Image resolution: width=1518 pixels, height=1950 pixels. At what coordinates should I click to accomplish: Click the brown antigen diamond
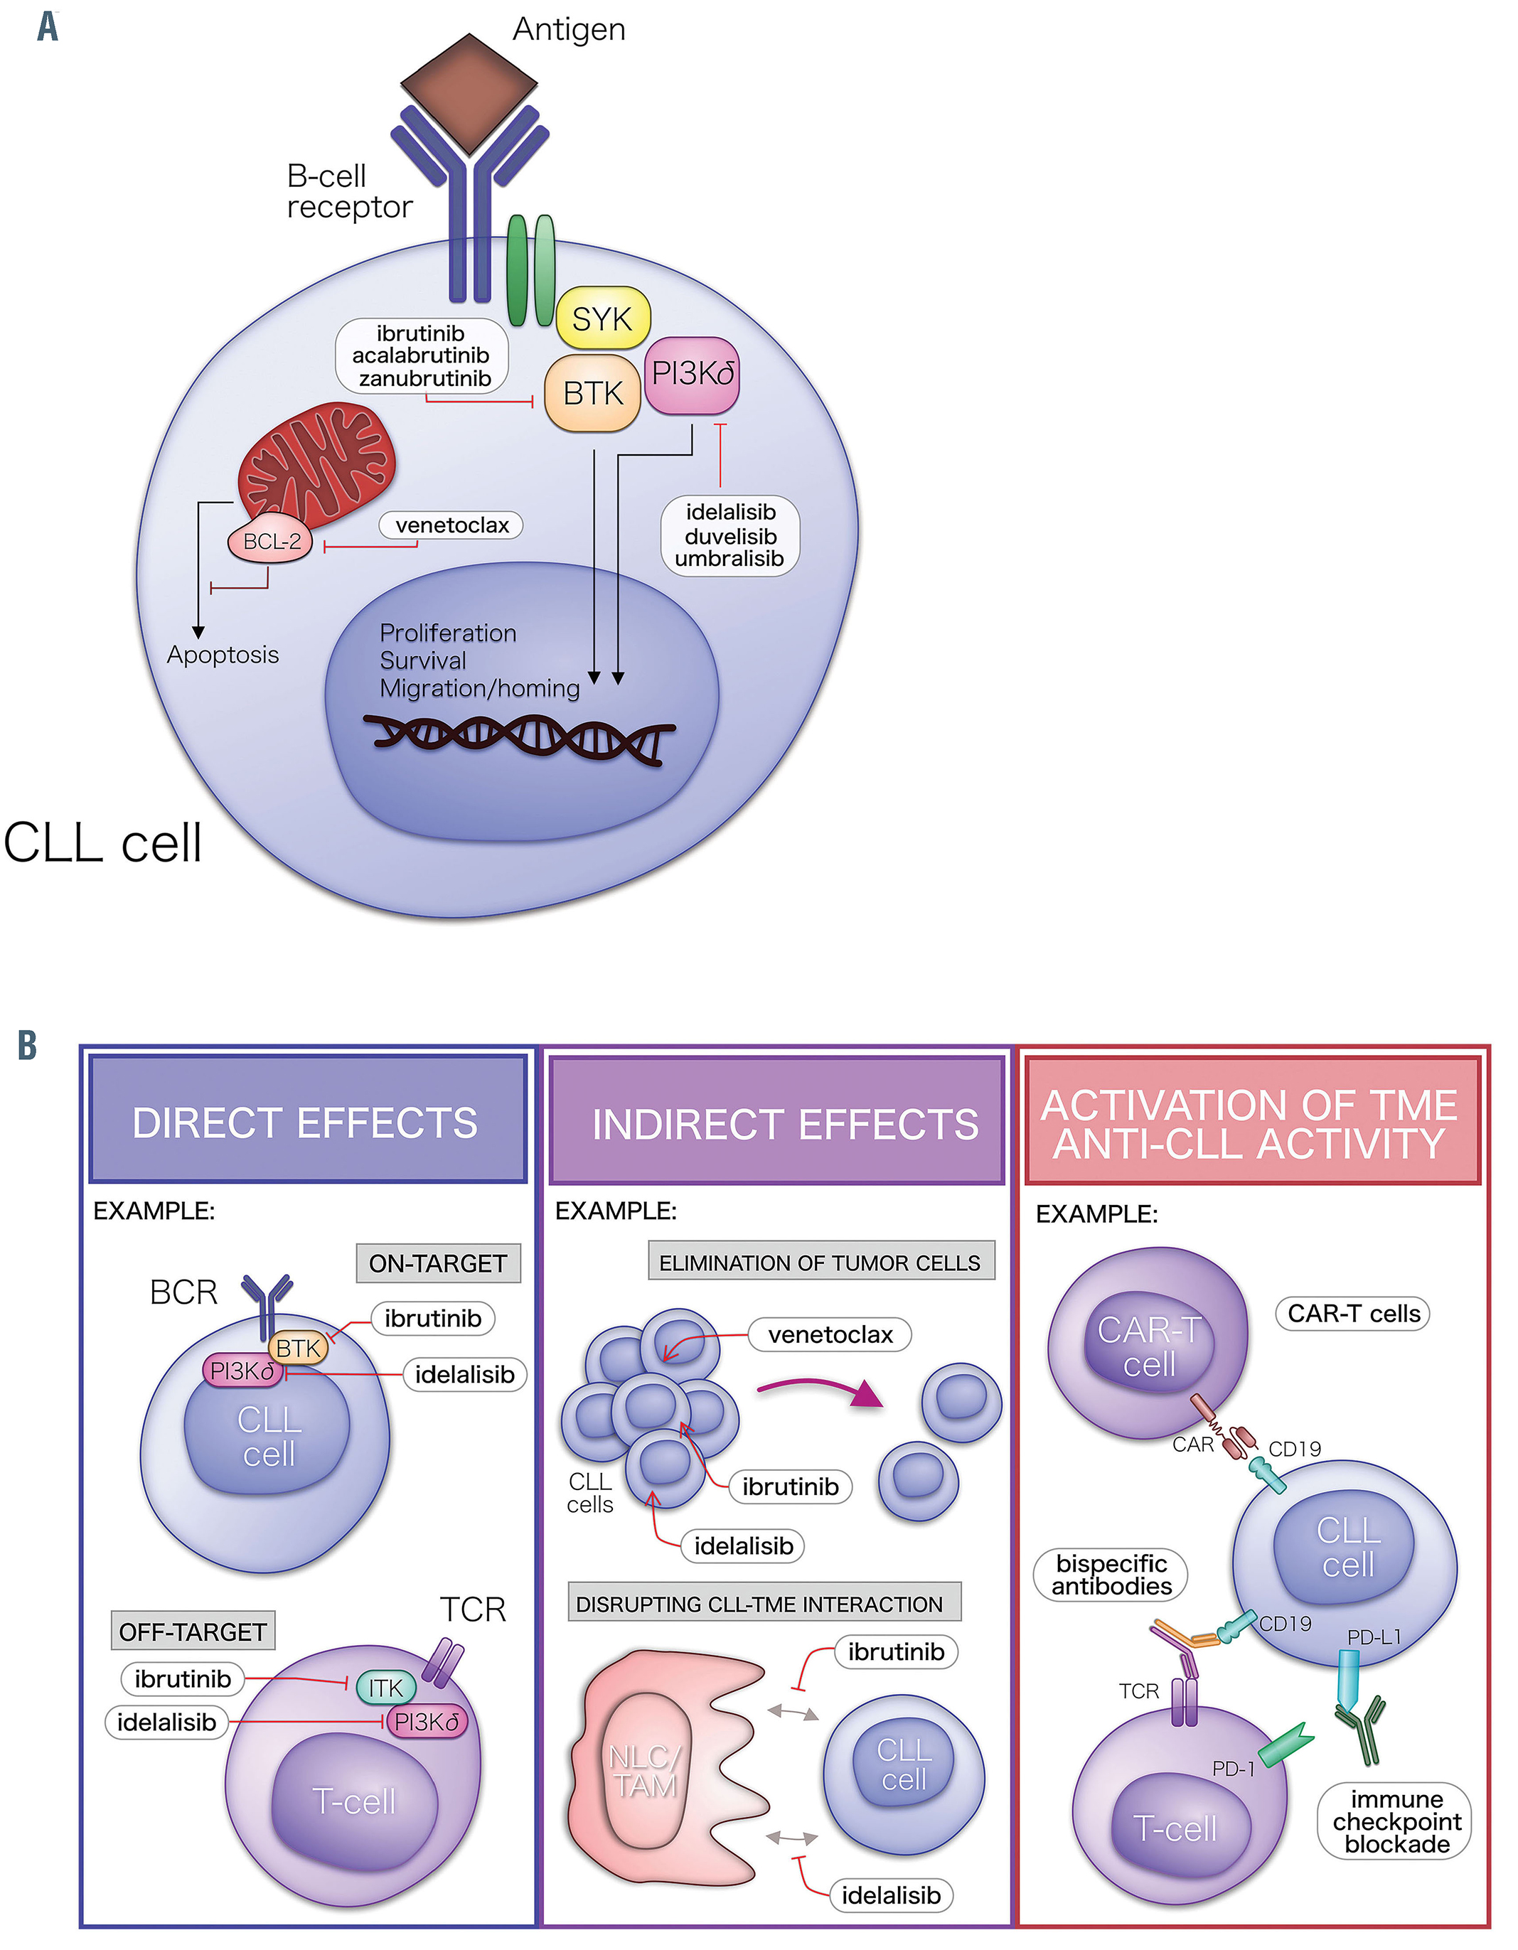469,93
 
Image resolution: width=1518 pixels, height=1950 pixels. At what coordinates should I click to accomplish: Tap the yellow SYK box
603,318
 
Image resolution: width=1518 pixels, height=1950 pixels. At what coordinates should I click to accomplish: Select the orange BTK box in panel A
593,393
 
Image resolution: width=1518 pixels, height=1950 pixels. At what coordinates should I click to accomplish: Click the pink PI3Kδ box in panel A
692,374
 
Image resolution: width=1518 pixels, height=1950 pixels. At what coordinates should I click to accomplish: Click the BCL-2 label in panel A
272,541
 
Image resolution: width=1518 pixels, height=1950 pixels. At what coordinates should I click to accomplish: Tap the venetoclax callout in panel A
451,525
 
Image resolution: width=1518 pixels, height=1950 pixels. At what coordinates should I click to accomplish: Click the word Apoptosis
223,655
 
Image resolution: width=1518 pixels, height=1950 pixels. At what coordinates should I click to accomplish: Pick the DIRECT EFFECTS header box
307,1121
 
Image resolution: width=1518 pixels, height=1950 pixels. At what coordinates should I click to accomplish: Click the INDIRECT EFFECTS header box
777,1123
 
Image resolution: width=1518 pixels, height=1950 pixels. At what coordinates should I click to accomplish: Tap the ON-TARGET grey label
437,1263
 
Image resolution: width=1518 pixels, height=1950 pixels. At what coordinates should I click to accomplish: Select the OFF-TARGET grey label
193,1632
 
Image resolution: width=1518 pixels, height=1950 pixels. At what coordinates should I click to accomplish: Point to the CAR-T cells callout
1353,1314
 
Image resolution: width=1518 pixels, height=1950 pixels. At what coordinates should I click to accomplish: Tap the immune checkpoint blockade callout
1396,1821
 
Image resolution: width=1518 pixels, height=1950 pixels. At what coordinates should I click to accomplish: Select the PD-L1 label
1374,1636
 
